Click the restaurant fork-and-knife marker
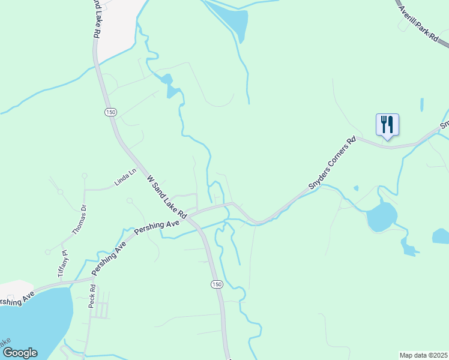(387, 125)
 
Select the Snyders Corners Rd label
(332, 164)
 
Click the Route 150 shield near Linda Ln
(109, 112)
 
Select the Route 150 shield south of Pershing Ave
(217, 283)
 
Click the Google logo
(20, 353)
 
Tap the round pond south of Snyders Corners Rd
(381, 217)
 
